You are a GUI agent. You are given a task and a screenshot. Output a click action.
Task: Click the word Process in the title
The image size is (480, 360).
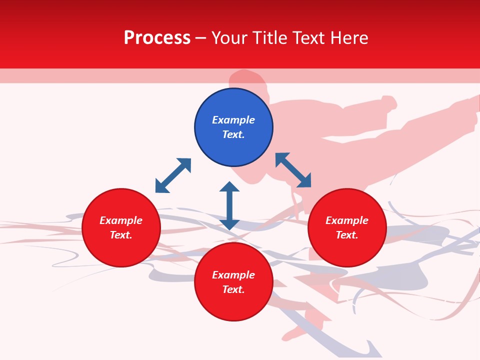pyautogui.click(x=157, y=38)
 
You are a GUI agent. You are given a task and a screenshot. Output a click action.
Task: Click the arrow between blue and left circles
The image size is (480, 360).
pyautogui.click(x=173, y=175)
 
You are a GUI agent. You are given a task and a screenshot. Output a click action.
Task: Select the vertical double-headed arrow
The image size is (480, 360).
pyautogui.click(x=229, y=205)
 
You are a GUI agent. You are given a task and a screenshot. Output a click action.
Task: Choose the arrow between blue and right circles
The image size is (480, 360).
pyautogui.click(x=293, y=170)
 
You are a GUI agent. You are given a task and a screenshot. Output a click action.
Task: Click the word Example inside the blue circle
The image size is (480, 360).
pyautogui.click(x=233, y=120)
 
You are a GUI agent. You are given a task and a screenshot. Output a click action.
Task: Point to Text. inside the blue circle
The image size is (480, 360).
pyautogui.click(x=233, y=134)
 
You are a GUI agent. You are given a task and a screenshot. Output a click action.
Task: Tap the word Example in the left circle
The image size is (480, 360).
pyautogui.click(x=121, y=220)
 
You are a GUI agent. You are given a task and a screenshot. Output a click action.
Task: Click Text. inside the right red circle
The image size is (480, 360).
pyautogui.click(x=347, y=235)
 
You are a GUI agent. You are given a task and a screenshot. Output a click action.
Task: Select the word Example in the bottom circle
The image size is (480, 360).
pyautogui.click(x=233, y=275)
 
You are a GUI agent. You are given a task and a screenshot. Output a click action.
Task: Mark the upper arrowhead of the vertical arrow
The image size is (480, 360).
pyautogui.click(x=229, y=186)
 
